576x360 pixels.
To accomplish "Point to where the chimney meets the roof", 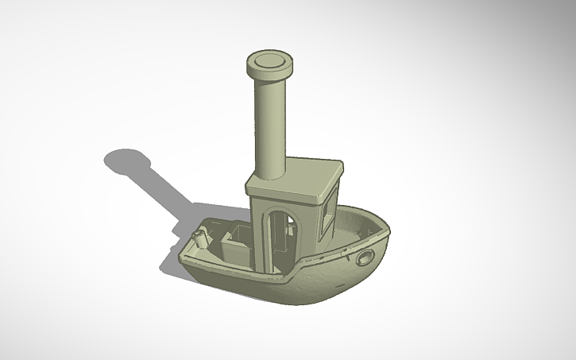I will click(x=270, y=173).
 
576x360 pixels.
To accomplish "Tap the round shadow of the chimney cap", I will click(x=127, y=161).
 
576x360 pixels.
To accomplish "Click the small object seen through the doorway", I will click(x=291, y=230).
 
